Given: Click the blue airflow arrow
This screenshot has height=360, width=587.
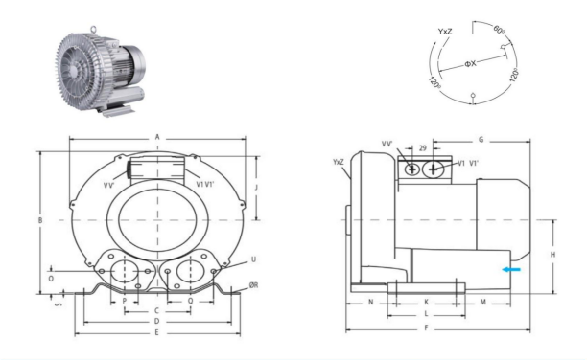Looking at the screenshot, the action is [x=511, y=269].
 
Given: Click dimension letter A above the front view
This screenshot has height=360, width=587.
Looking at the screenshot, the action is [x=157, y=137].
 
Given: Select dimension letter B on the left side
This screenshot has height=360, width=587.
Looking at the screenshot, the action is [x=40, y=220].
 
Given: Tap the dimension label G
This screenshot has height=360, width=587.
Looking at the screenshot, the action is [x=481, y=140].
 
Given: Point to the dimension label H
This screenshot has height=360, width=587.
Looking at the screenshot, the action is [x=552, y=255].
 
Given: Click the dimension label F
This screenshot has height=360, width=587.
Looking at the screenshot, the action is [x=426, y=328].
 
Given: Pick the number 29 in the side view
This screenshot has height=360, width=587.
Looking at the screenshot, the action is [x=422, y=148].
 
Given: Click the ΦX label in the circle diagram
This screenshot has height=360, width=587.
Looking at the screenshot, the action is [x=471, y=64].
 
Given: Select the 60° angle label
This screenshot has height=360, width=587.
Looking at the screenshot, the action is [x=499, y=29].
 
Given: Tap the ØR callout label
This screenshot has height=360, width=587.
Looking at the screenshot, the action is [x=254, y=285].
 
